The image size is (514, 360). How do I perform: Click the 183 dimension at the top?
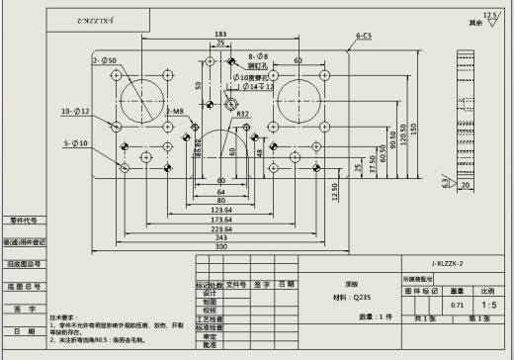tap(219, 35)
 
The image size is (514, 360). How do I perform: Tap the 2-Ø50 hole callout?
tap(105, 60)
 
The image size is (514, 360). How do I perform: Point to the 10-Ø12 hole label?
tap(75, 111)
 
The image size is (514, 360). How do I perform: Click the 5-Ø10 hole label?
tap(75, 143)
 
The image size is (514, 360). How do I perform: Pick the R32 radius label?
tap(242, 116)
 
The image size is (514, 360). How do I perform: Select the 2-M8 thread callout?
tap(174, 112)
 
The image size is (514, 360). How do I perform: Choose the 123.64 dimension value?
tap(219, 211)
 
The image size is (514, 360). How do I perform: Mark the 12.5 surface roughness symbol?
tap(488, 17)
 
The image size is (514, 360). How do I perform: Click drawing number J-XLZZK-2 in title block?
tap(447, 264)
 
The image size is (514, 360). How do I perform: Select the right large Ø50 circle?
tap(298, 98)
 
